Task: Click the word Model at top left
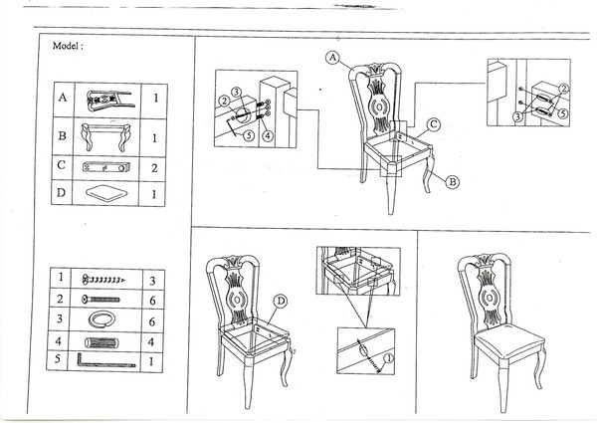(66, 46)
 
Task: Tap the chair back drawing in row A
(108, 99)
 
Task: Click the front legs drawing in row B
(108, 132)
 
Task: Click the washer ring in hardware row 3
(101, 319)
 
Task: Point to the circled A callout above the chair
(332, 59)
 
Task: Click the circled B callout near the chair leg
(452, 182)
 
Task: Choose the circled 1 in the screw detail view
(389, 358)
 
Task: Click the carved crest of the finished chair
(488, 266)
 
